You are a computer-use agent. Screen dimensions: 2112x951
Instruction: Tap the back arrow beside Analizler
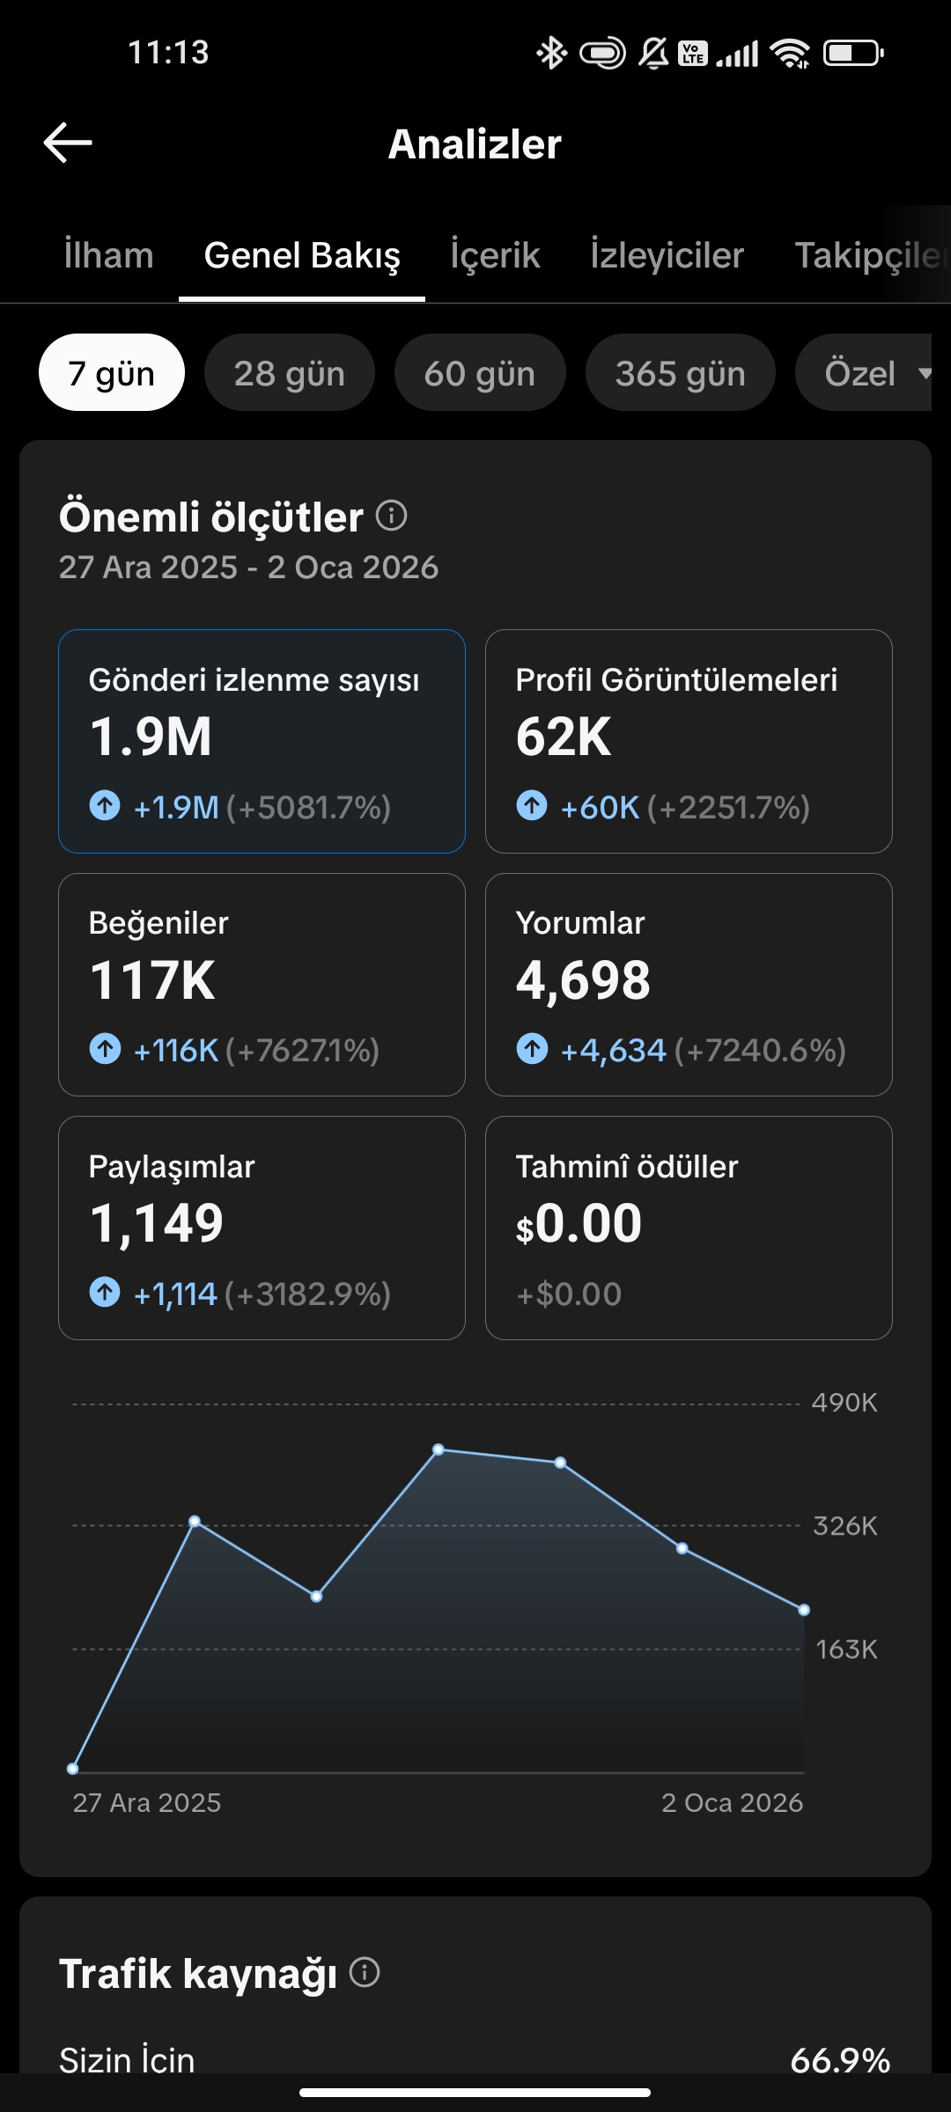pyautogui.click(x=68, y=143)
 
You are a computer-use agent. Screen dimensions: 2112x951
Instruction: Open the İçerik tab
pyautogui.click(x=495, y=255)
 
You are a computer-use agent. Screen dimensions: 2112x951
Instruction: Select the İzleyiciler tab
pyautogui.click(x=667, y=255)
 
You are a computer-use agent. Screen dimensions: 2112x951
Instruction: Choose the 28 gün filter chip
pyautogui.click(x=289, y=373)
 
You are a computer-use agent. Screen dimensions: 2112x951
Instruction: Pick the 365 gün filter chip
pyautogui.click(x=680, y=373)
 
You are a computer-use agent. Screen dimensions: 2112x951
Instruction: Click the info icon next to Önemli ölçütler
pyautogui.click(x=392, y=516)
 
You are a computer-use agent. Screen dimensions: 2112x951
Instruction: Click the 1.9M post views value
pyautogui.click(x=151, y=737)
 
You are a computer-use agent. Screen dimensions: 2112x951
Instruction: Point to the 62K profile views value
pyautogui.click(x=564, y=737)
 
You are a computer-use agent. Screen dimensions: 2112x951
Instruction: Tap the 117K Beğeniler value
pyautogui.click(x=152, y=980)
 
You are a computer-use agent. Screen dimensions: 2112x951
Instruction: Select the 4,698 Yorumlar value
pyautogui.click(x=583, y=980)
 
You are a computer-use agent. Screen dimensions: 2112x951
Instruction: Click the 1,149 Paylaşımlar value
pyautogui.click(x=157, y=1223)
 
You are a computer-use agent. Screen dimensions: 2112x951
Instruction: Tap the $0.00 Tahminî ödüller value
pyautogui.click(x=579, y=1223)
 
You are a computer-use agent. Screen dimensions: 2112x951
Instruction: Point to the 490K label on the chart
pyautogui.click(x=844, y=1403)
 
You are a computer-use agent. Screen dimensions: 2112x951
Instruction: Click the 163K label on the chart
pyautogui.click(x=846, y=1649)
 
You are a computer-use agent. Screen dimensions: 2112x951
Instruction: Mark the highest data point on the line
pyautogui.click(x=439, y=1449)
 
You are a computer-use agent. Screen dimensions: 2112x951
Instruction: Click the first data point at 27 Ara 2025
pyautogui.click(x=73, y=1769)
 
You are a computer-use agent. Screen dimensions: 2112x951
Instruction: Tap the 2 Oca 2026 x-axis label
pyautogui.click(x=732, y=1803)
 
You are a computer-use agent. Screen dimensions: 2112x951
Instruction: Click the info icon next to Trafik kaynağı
pyautogui.click(x=365, y=1973)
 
